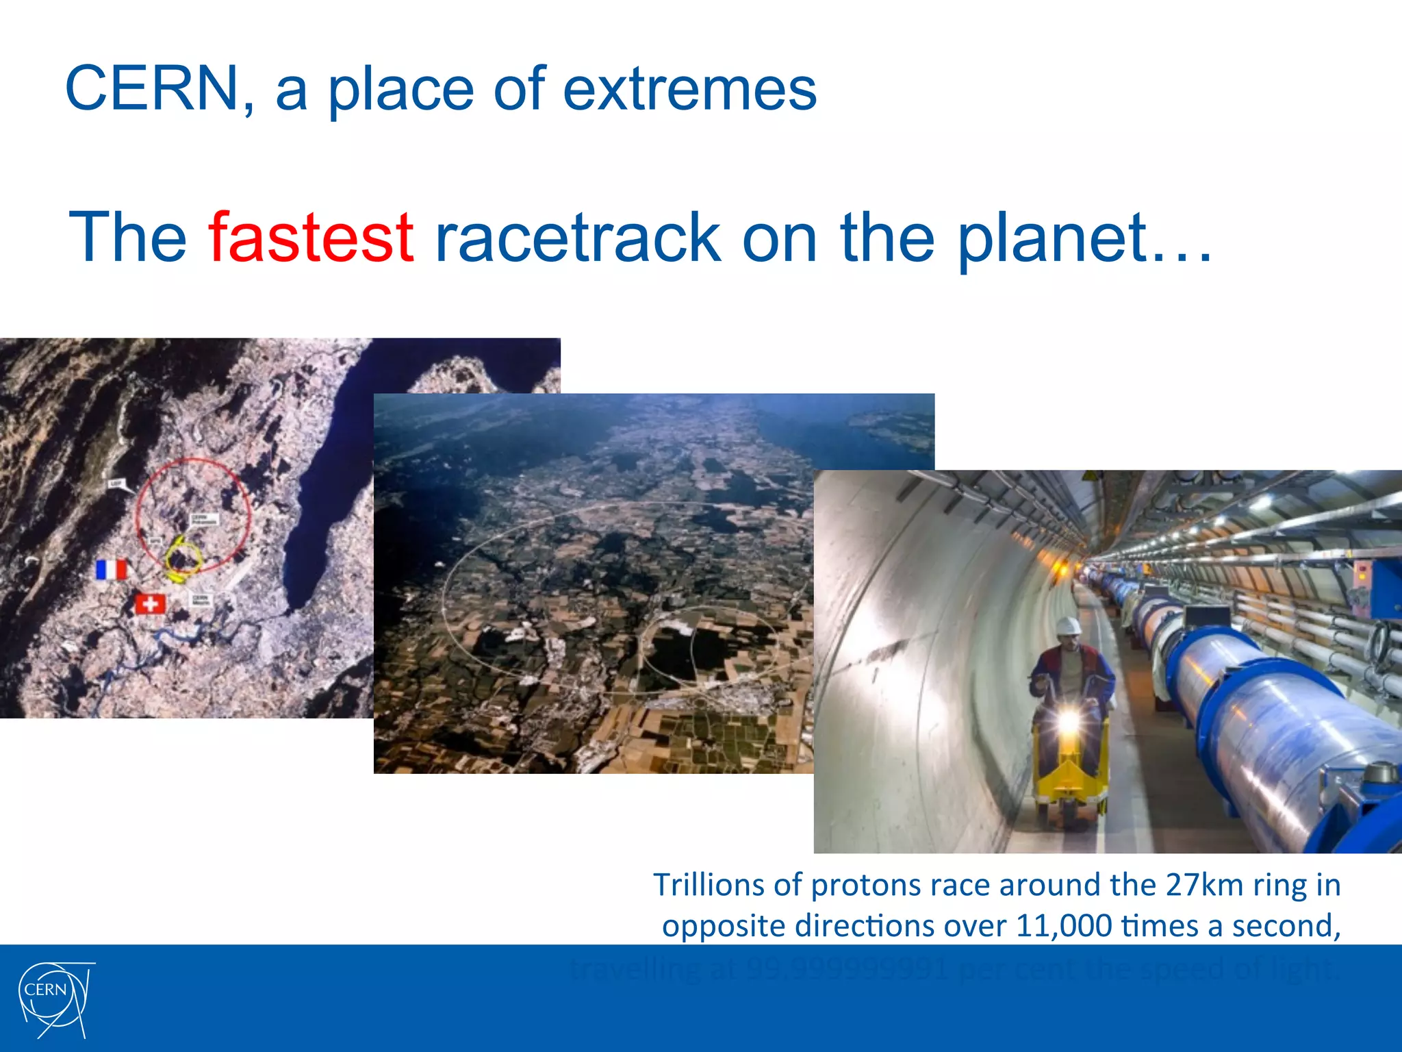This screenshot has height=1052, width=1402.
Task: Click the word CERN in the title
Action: coord(151,89)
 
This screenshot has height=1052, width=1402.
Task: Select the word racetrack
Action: coord(577,238)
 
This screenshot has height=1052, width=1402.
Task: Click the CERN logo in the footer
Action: coord(55,999)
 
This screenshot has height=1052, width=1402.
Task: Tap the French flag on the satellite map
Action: coord(112,570)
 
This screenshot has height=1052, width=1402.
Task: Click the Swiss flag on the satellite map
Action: coord(150,604)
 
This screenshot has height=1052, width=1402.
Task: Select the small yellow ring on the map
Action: coord(183,556)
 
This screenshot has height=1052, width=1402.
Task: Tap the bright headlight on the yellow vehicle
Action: coord(1068,721)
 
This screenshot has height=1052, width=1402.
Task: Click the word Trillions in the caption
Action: coord(709,885)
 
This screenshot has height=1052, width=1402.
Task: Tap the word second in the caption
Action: coord(1286,926)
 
